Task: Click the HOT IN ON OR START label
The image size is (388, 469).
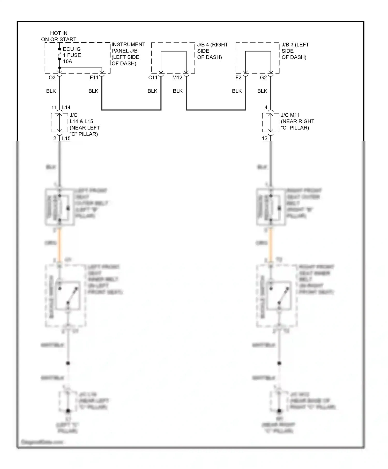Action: pos(59,36)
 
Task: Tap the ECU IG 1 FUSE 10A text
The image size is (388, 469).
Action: pos(72,55)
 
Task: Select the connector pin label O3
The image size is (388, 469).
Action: pos(52,78)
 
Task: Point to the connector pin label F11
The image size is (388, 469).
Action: pos(94,78)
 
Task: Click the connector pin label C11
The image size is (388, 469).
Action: pos(153,78)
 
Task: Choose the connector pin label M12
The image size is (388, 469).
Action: pos(177,78)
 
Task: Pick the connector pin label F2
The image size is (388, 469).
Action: pos(238,78)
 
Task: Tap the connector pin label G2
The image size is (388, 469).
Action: pos(263,78)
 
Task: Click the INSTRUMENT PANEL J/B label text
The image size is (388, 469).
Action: pos(128,54)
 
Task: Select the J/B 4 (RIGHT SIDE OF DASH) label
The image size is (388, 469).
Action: pos(212,51)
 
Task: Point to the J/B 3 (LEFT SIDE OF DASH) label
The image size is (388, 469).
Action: pos(295,51)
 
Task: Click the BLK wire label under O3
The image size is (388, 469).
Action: pos(51,91)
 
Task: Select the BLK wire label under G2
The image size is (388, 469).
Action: pos(262,91)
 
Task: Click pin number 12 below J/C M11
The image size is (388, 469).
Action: pos(265,138)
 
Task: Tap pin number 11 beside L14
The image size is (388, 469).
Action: pos(54,108)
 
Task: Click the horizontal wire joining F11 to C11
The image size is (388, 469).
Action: pos(131,110)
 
